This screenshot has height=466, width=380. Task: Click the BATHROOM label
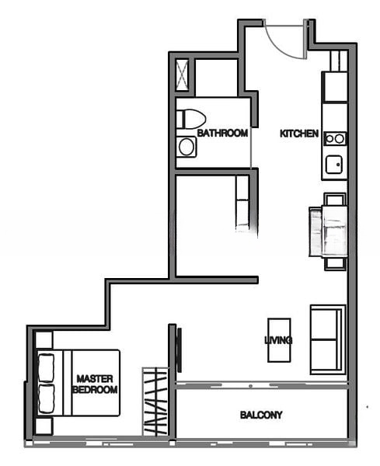(222, 134)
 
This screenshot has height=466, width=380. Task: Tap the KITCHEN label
(299, 134)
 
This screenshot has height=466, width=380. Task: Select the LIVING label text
(278, 340)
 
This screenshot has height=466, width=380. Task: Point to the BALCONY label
(261, 416)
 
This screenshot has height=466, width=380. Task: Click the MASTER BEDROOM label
(95, 384)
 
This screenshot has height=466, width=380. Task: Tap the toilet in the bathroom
(190, 119)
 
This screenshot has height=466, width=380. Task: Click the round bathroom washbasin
(187, 146)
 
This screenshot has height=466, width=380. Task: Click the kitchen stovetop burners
(335, 138)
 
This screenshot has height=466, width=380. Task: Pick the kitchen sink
(334, 165)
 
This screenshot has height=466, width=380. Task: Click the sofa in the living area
(327, 339)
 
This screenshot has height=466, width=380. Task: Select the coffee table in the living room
(278, 339)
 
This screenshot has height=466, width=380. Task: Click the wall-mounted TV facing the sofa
(179, 349)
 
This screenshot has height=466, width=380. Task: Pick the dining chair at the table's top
(334, 199)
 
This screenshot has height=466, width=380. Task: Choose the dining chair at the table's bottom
(334, 263)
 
